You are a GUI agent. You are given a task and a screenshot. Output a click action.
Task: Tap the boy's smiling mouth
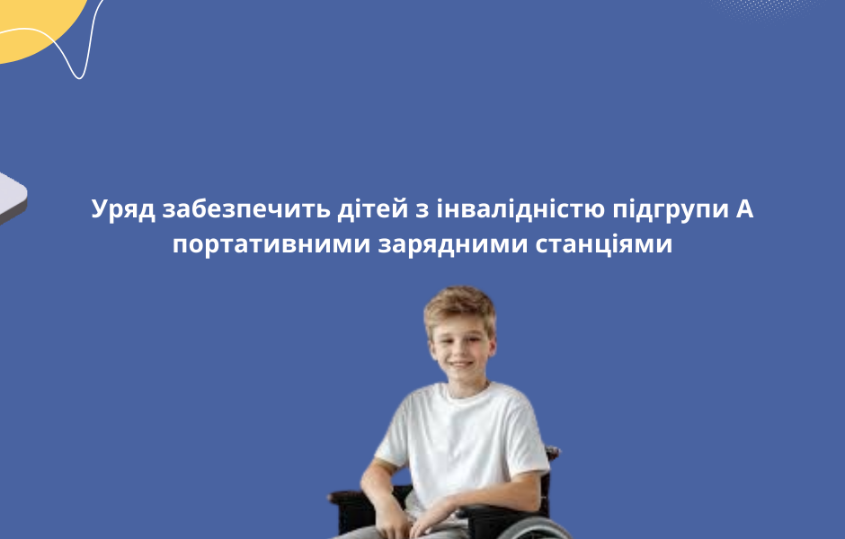tap(460, 366)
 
